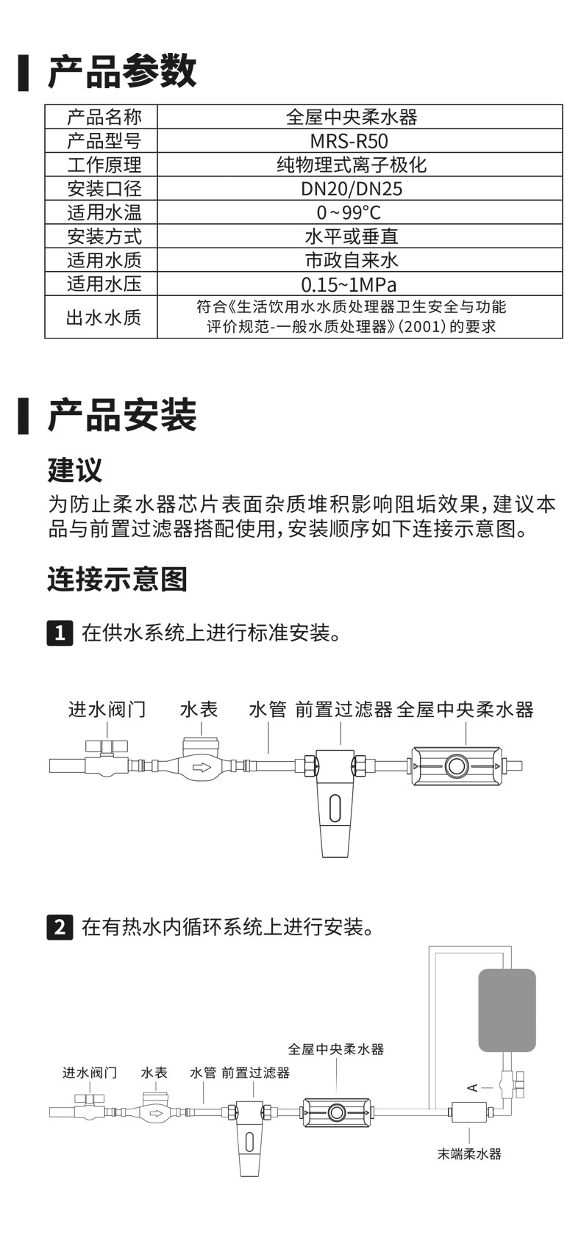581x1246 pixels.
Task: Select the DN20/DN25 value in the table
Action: point(352,189)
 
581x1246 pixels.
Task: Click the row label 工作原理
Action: point(104,165)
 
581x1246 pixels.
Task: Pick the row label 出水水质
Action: point(104,317)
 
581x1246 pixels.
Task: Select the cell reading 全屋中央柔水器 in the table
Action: point(352,117)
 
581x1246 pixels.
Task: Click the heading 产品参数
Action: point(122,72)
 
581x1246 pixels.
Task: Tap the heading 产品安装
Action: point(122,415)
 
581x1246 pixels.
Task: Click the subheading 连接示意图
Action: point(118,579)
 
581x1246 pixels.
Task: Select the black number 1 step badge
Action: point(60,633)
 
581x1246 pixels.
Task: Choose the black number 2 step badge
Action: point(60,926)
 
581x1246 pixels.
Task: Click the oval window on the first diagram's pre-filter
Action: point(335,808)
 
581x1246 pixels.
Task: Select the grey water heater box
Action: point(507,1010)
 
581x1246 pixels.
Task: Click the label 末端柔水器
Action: point(469,1154)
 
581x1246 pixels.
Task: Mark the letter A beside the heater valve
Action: point(473,1087)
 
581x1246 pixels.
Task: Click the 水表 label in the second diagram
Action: point(154,1073)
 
